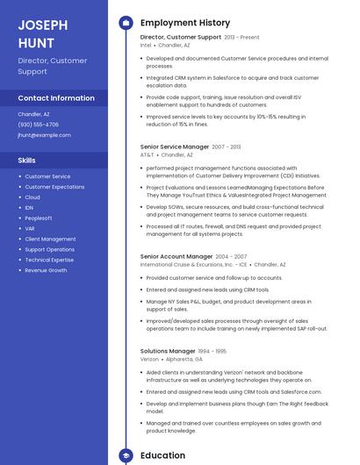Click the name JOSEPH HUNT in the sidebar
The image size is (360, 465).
coord(36,33)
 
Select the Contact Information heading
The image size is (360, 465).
coord(56,98)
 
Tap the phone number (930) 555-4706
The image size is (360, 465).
coord(39,125)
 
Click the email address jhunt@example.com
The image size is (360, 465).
coord(44,135)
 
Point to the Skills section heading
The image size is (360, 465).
coord(27,161)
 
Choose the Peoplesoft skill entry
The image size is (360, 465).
coord(39,218)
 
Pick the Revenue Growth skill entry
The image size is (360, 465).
coord(46,270)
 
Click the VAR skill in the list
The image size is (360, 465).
coord(30,228)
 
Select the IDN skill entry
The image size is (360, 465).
coord(30,208)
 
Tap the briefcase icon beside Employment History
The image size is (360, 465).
coord(125,23)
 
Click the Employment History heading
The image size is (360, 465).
coord(185,23)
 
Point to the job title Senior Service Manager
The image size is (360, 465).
coord(175,147)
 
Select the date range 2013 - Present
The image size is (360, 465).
coord(242,38)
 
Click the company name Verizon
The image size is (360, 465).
coord(150,359)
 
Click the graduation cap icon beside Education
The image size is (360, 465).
coord(125,455)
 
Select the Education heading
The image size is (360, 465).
coord(163,455)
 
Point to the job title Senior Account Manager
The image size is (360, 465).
coord(176,256)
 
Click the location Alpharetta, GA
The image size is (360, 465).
coord(186,359)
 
